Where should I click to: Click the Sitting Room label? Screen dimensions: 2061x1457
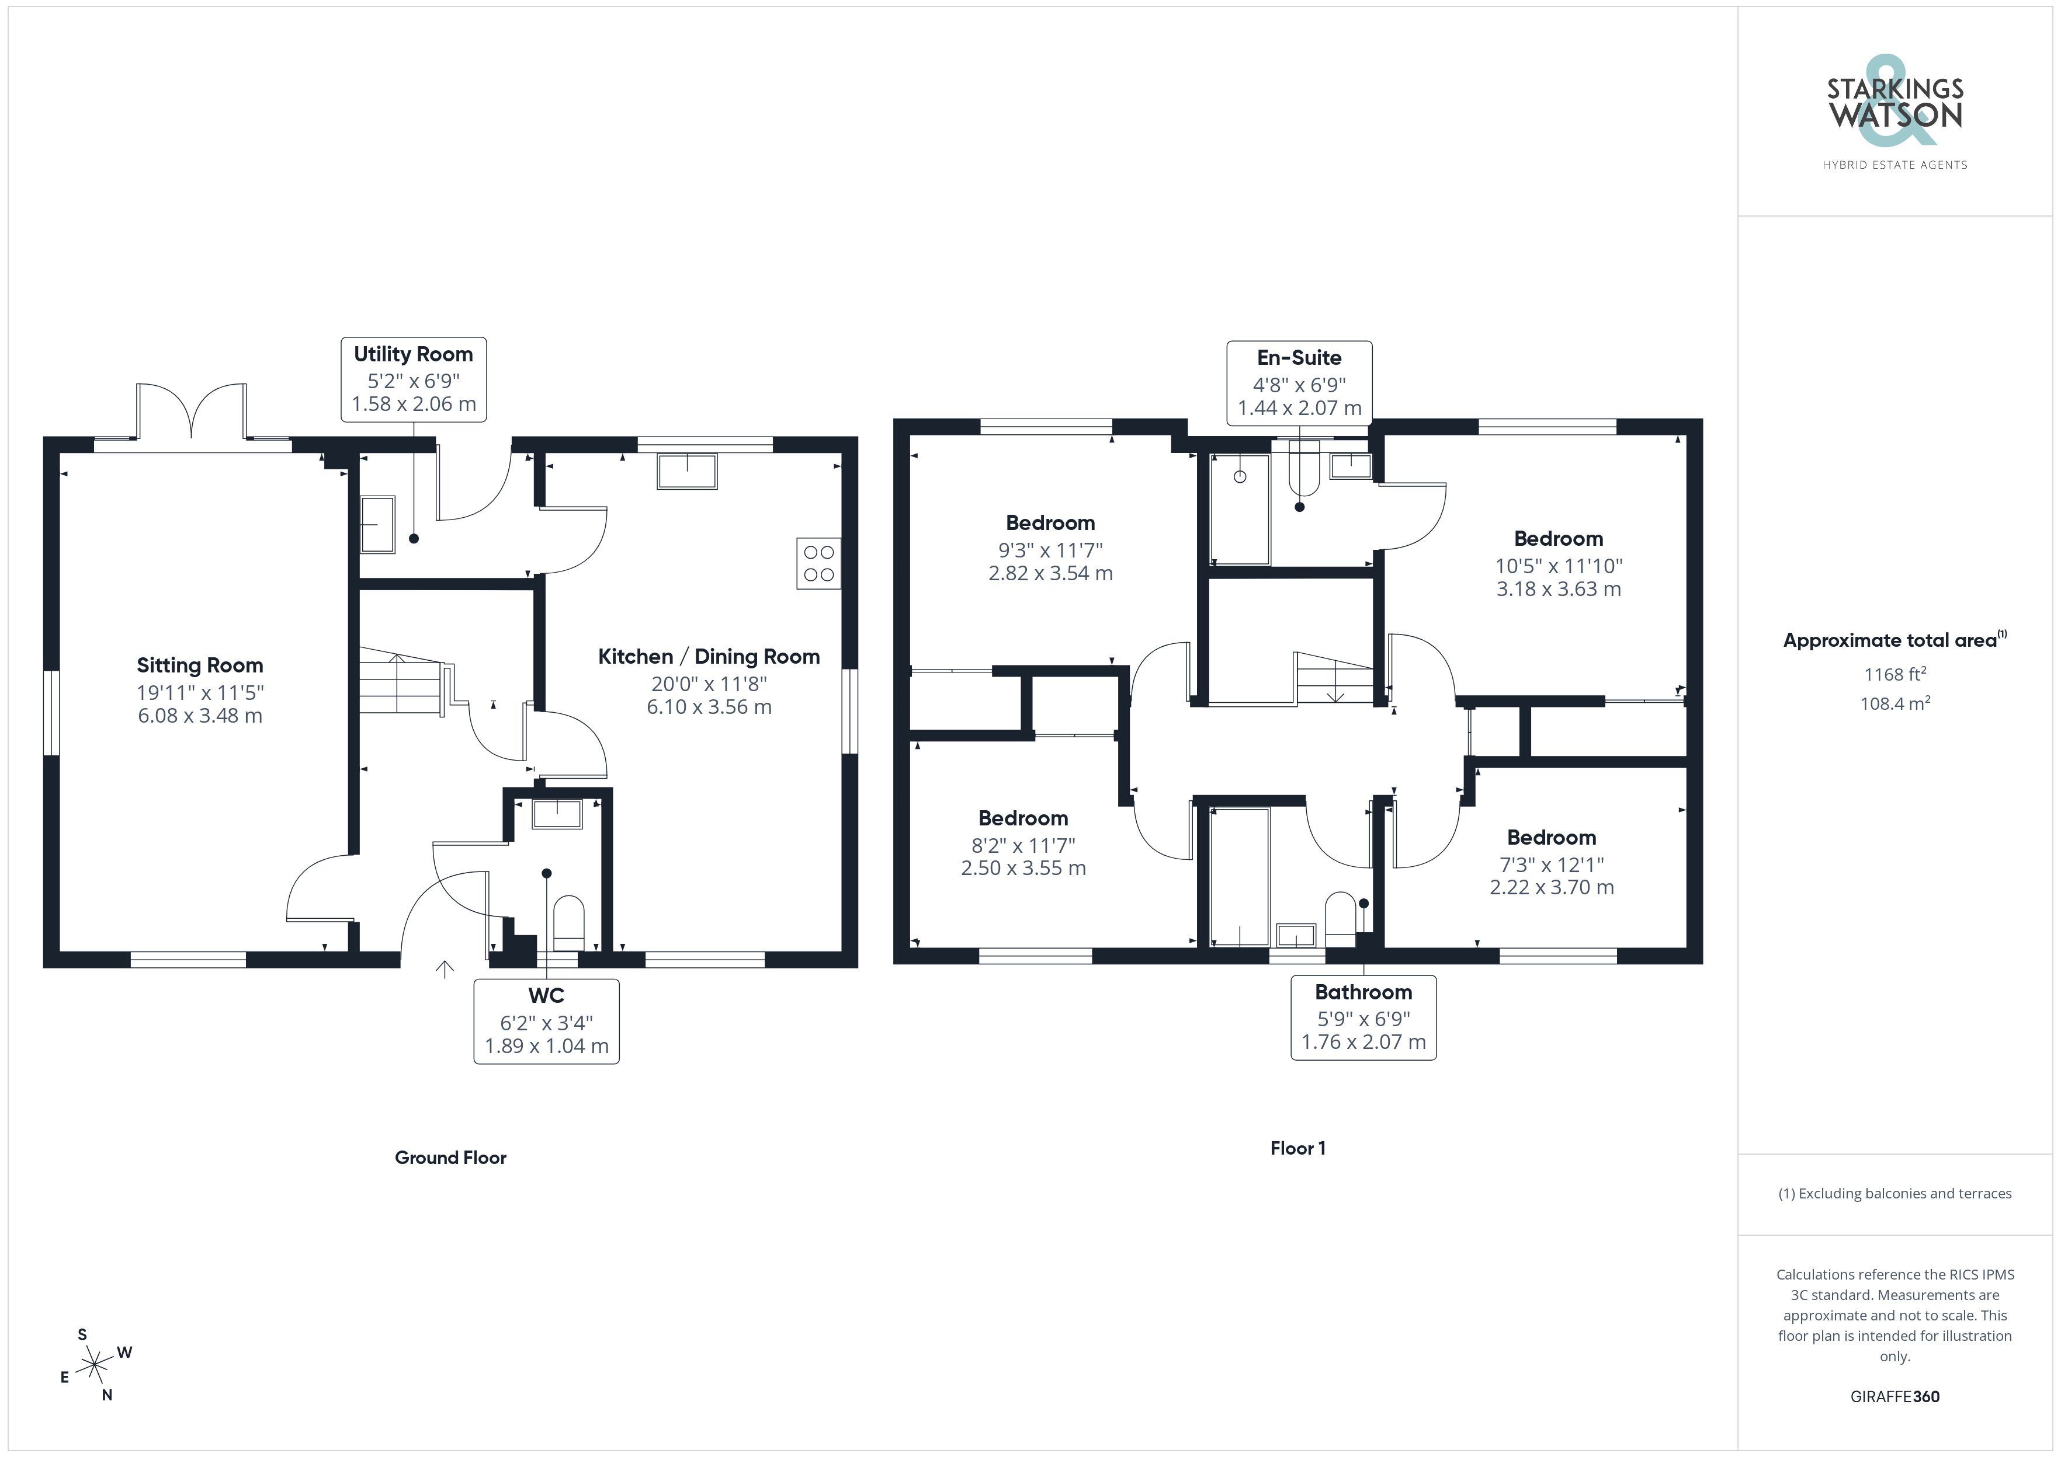pyautogui.click(x=200, y=665)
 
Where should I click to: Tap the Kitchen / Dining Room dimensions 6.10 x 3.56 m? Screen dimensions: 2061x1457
pyautogui.click(x=709, y=707)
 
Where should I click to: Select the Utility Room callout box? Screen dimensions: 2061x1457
pyautogui.click(x=414, y=379)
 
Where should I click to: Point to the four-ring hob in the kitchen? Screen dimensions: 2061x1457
pyautogui.click(x=818, y=563)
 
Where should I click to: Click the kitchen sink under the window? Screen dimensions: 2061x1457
pyautogui.click(x=686, y=471)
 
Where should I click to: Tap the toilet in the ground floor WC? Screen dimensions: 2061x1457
pyautogui.click(x=569, y=923)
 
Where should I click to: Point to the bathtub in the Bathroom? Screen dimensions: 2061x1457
pyautogui.click(x=1240, y=877)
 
